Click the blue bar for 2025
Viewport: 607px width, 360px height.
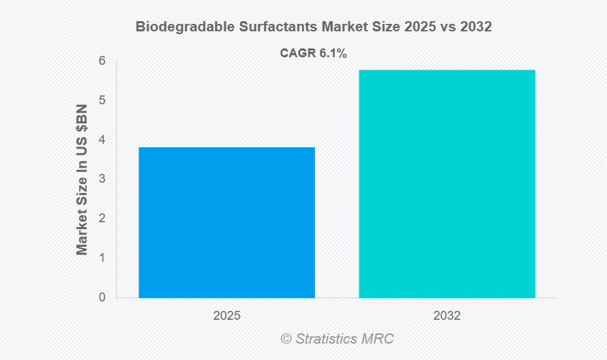point(226,222)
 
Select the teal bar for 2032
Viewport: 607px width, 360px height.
point(447,183)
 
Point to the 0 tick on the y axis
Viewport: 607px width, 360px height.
point(102,298)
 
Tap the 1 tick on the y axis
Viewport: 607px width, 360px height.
point(102,258)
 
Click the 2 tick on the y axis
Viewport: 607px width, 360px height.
point(102,219)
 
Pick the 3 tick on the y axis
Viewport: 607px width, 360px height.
point(102,179)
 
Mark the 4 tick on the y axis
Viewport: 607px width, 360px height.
point(102,140)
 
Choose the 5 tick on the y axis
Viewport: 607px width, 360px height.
point(102,100)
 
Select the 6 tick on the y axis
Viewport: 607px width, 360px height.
point(102,61)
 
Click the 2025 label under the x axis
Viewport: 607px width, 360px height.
point(226,316)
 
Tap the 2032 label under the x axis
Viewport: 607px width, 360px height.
point(447,316)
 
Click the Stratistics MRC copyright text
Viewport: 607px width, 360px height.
point(344,339)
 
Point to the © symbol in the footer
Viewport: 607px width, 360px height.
point(286,339)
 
